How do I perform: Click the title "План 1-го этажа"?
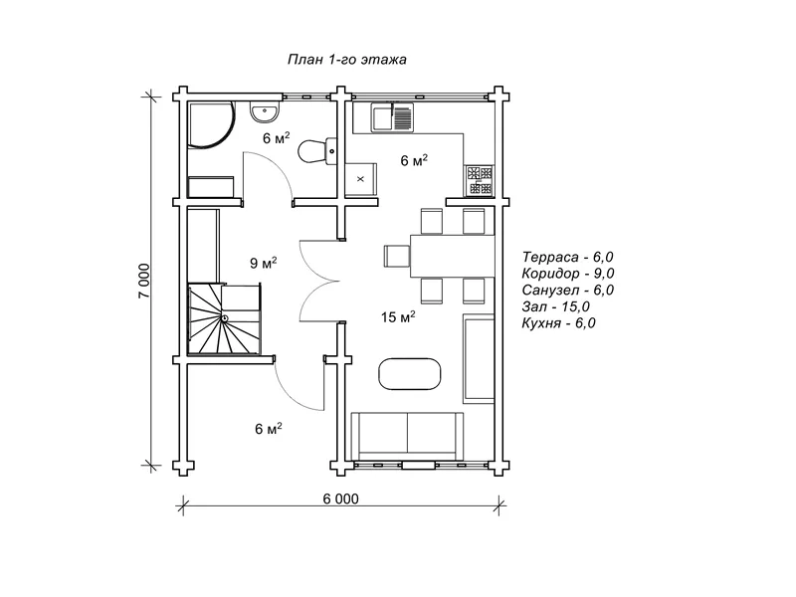346,60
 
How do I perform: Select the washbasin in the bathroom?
265,112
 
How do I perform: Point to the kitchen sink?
392,117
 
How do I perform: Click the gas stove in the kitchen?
480,181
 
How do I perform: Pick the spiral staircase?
225,318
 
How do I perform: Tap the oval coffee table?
410,374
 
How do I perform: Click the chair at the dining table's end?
396,256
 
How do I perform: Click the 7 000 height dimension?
144,281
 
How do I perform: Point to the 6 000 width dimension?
340,499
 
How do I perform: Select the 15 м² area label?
399,317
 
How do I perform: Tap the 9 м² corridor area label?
264,263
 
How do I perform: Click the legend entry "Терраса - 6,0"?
567,257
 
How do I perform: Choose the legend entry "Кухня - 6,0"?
559,322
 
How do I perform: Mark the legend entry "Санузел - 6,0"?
568,290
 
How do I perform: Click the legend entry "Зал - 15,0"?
556,306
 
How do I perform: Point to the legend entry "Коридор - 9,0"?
568,274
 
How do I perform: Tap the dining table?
452,256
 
